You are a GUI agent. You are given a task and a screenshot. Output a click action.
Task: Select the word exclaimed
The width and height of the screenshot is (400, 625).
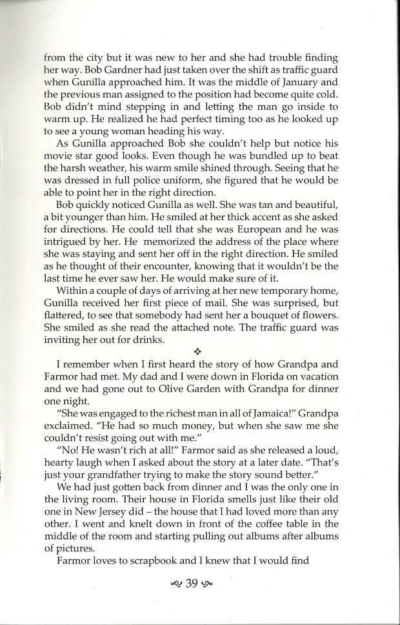coord(70,475)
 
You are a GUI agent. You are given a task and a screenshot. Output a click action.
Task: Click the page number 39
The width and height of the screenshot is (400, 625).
coord(192,584)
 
